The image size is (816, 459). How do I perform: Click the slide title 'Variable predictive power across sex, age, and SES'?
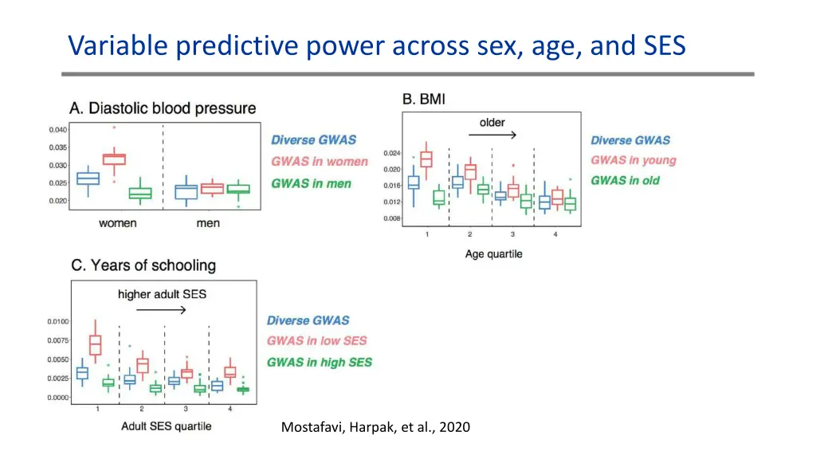click(x=376, y=45)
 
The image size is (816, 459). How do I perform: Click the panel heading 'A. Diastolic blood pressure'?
click(x=163, y=108)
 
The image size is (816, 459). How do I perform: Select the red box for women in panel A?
click(x=115, y=159)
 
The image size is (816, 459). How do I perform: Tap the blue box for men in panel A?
click(x=186, y=192)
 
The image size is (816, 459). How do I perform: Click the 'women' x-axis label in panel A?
click(x=117, y=223)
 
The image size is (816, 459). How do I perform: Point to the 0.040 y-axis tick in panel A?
click(x=57, y=130)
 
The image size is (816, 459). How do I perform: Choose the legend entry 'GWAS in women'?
click(x=320, y=162)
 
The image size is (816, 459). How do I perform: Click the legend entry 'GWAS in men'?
click(x=311, y=183)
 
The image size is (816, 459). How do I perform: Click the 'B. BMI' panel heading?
click(x=424, y=100)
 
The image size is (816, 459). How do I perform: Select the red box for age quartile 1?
click(x=426, y=159)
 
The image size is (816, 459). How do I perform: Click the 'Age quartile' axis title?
click(x=493, y=254)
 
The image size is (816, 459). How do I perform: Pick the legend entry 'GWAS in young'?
click(x=633, y=160)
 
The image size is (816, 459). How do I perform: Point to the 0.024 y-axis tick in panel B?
click(x=392, y=153)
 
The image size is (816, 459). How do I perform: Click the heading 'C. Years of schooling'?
click(x=143, y=265)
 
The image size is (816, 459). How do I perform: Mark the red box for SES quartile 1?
click(x=96, y=345)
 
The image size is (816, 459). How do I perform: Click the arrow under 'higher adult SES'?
click(x=162, y=309)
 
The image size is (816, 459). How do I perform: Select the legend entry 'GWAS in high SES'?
click(x=319, y=363)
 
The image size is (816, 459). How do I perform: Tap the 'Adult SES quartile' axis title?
click(x=166, y=426)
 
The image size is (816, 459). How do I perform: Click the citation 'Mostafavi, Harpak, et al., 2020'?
click(x=375, y=428)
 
